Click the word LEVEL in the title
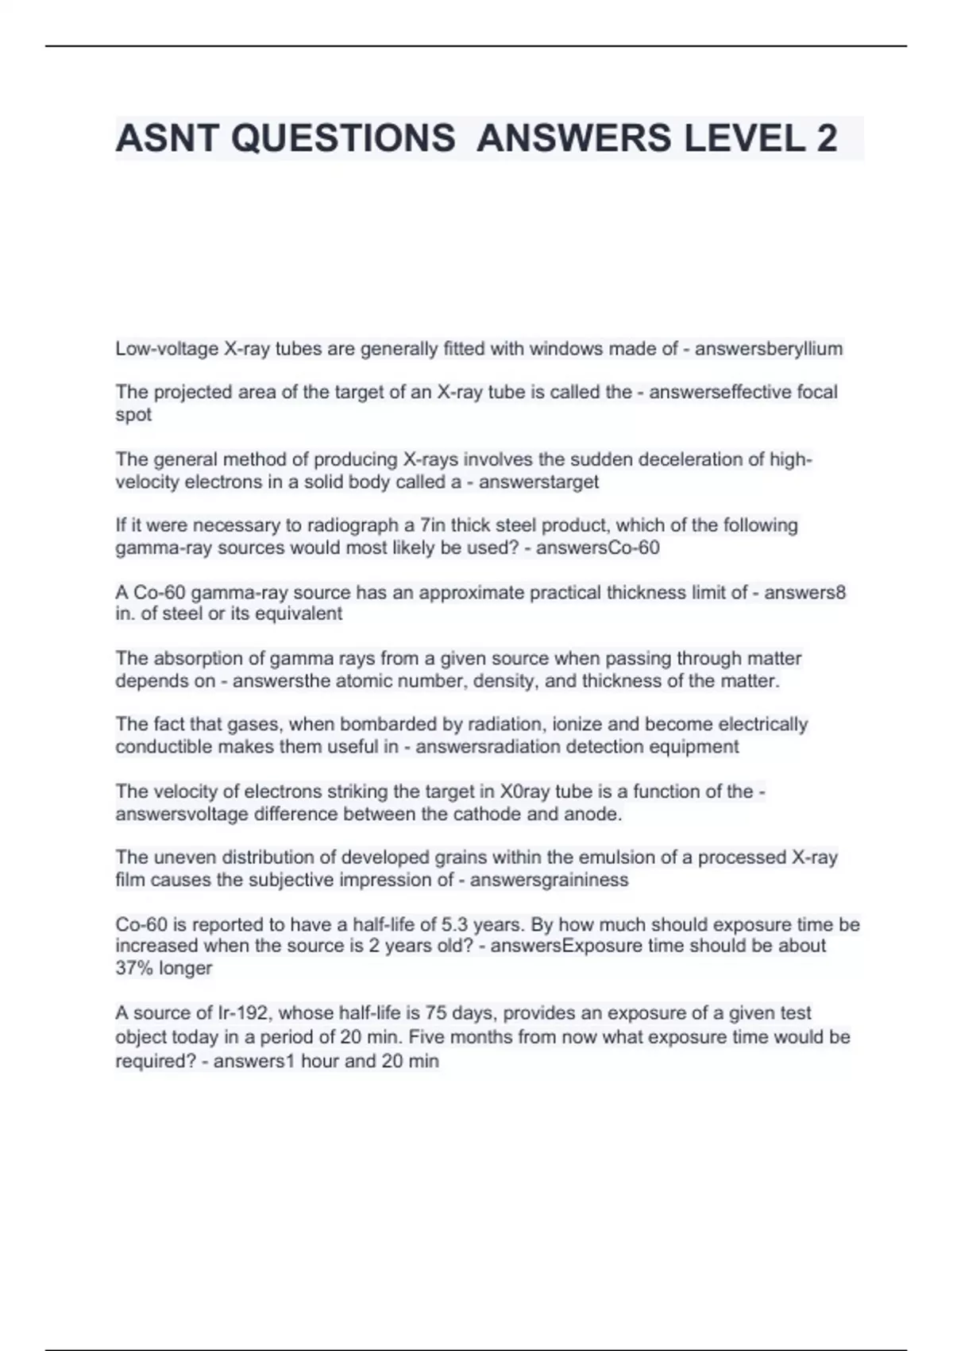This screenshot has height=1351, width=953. [743, 139]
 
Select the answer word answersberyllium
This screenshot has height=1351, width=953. [769, 349]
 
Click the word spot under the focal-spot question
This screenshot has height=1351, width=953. [133, 415]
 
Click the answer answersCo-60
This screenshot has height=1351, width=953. [598, 548]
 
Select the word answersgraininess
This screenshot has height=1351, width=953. [549, 881]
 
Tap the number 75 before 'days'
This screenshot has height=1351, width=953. [435, 1013]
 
